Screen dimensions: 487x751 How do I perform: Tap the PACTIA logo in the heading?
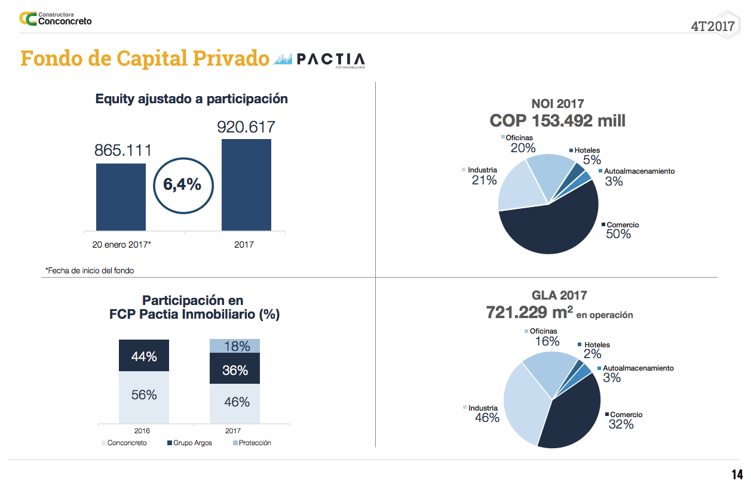point(319,60)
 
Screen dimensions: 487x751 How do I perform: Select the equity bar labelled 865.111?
point(121,197)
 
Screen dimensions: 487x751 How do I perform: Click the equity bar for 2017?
point(246,185)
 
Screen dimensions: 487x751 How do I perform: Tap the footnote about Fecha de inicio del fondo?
point(90,270)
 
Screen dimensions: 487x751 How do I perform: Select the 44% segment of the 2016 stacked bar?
point(144,356)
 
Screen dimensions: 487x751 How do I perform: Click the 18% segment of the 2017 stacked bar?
point(235,346)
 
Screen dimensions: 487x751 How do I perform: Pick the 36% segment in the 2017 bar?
point(235,369)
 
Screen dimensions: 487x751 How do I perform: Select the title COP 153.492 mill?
point(557,121)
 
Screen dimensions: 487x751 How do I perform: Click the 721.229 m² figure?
point(530,312)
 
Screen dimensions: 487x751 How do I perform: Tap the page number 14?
point(737,474)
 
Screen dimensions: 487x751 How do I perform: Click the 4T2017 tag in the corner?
point(712,26)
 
